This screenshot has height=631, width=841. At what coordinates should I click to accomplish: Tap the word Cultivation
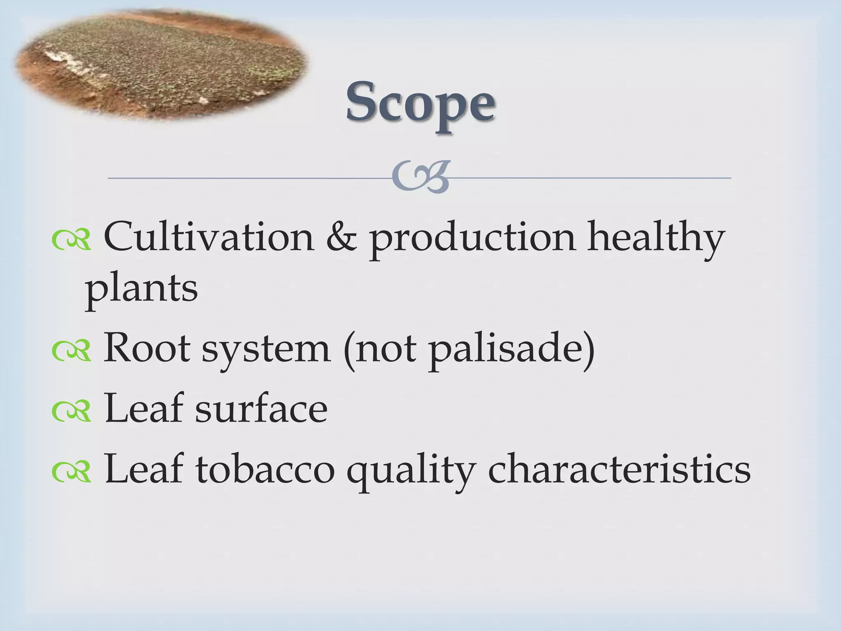point(209,237)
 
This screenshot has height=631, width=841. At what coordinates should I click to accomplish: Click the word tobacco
point(265,469)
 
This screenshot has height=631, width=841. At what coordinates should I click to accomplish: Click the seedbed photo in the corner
point(160,66)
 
